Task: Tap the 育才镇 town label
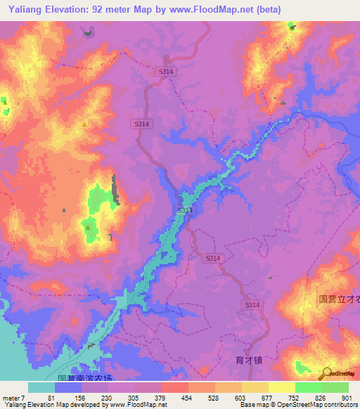point(248,360)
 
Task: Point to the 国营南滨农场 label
point(84,378)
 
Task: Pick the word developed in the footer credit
point(79,405)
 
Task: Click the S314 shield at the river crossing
point(184,210)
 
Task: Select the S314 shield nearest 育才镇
point(251,305)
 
